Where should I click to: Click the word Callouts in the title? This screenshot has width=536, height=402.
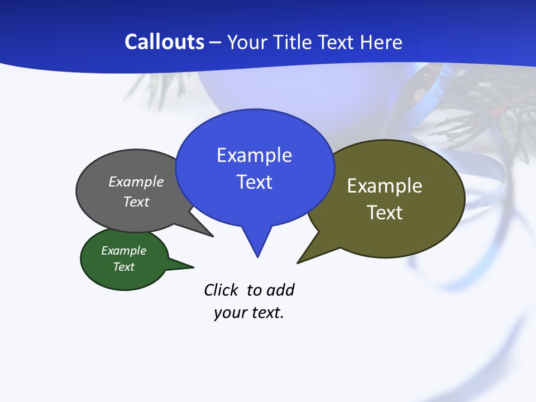click(164, 42)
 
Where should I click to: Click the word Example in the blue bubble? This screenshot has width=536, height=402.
click(254, 155)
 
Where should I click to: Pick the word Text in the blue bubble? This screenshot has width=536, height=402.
click(254, 182)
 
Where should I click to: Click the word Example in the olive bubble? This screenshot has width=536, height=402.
click(385, 186)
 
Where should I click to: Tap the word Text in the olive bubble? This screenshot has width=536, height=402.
click(385, 213)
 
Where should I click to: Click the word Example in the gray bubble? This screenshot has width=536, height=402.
click(136, 182)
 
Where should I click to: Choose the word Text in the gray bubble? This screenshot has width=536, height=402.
click(136, 202)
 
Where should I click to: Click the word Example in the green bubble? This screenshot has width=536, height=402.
click(123, 251)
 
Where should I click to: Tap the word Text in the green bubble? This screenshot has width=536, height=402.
click(123, 267)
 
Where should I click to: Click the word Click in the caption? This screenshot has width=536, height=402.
click(222, 290)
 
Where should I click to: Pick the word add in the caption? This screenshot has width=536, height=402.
click(280, 290)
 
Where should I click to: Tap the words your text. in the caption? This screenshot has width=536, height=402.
click(249, 313)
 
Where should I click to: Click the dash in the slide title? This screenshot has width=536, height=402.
click(216, 42)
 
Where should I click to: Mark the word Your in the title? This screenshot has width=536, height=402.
click(246, 42)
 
